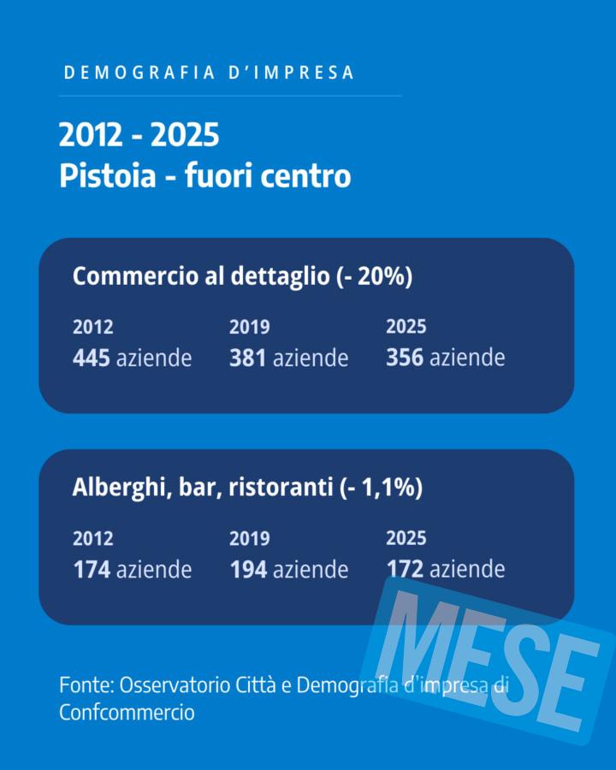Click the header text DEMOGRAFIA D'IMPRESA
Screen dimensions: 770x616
[210, 73]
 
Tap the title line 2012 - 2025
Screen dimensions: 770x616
[139, 135]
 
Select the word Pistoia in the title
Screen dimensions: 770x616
[108, 176]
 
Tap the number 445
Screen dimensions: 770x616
[92, 358]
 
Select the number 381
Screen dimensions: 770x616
[248, 358]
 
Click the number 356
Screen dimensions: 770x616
[405, 358]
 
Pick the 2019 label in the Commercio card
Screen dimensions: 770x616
[249, 327]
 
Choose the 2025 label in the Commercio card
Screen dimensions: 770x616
[406, 327]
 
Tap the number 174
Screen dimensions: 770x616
[92, 569]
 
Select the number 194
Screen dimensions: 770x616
[248, 569]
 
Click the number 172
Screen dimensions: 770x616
[405, 569]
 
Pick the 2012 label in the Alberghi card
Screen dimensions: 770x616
[92, 539]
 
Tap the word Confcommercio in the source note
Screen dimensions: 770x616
[127, 712]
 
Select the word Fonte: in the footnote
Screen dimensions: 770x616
[86, 685]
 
